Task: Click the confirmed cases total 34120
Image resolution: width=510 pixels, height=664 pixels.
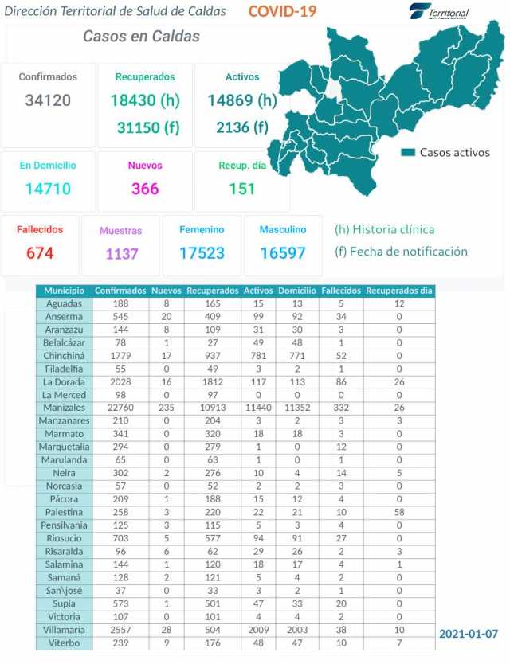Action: (48, 100)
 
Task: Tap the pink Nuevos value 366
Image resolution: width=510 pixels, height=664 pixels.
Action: (144, 189)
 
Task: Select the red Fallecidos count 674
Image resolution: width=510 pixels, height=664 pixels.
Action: (40, 253)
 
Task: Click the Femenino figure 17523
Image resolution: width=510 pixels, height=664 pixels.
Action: (202, 253)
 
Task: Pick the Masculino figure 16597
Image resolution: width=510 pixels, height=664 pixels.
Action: (283, 253)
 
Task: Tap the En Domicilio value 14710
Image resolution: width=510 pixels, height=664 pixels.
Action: (48, 189)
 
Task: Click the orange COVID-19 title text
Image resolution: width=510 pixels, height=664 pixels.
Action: (281, 11)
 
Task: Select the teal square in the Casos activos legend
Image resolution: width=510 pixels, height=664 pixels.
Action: (408, 152)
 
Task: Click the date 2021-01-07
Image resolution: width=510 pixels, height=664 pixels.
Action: (469, 634)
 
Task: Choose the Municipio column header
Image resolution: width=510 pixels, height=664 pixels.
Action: (64, 291)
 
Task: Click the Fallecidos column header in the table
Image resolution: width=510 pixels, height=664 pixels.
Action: (340, 291)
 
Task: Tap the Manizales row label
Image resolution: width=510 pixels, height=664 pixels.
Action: (64, 408)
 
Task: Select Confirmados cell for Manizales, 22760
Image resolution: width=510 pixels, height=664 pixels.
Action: (120, 408)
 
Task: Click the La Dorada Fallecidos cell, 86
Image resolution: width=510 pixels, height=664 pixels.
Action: (340, 381)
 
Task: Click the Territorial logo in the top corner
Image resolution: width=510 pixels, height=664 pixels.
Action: (439, 12)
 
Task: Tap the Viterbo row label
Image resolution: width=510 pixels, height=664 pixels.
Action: (64, 643)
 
